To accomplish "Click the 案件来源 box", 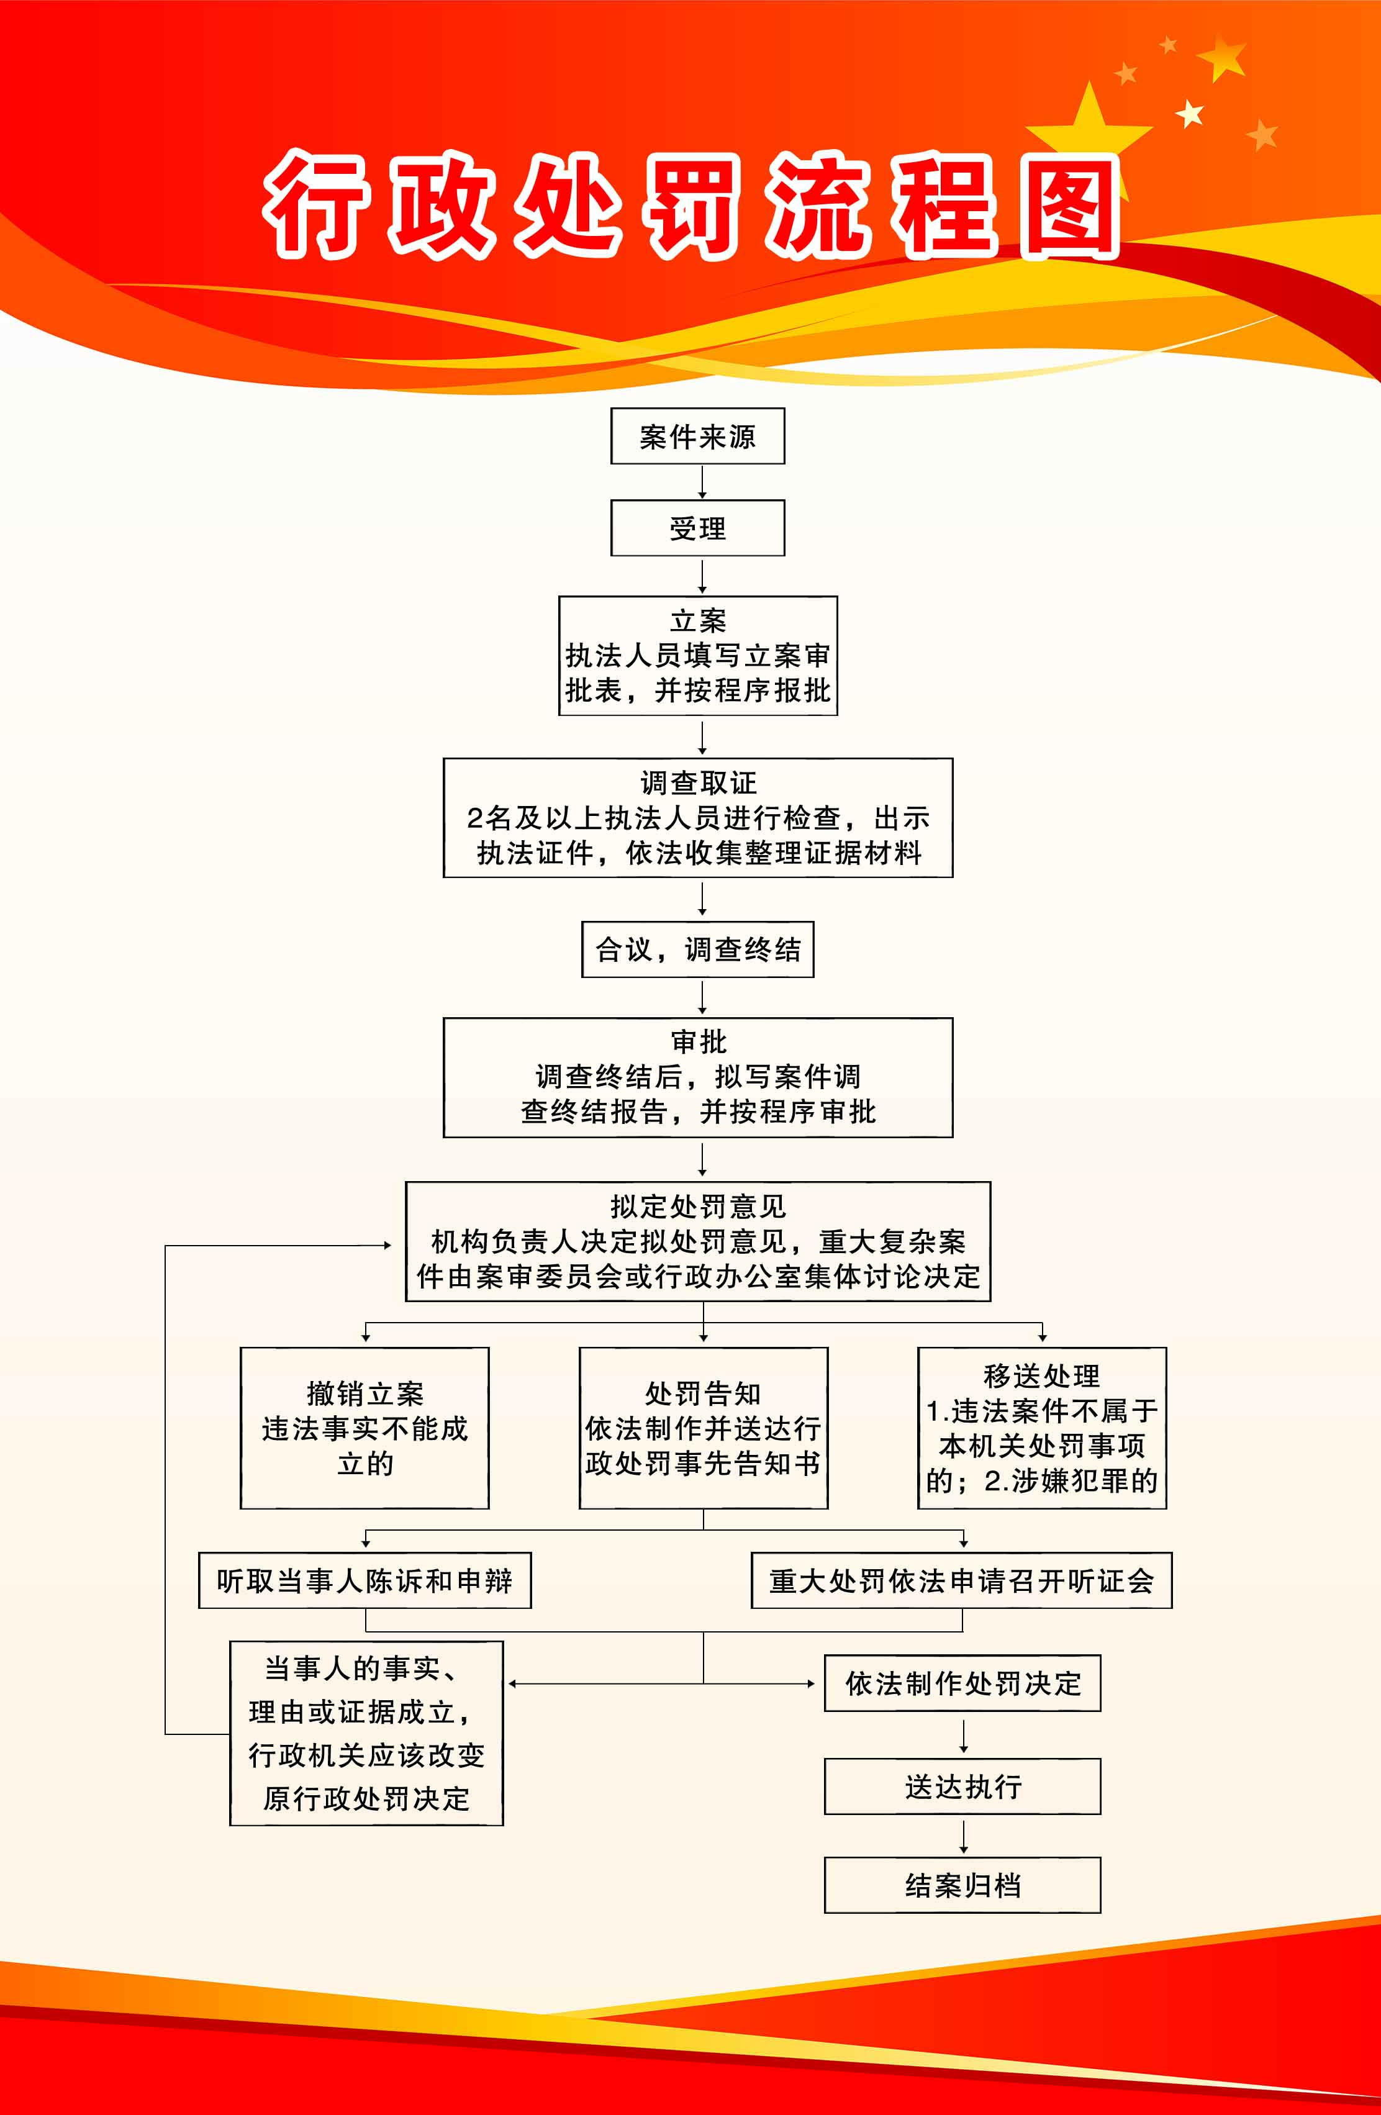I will coord(697,437).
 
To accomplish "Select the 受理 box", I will coord(697,529).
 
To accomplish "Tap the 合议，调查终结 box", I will coord(697,949).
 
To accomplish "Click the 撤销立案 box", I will coord(364,1428).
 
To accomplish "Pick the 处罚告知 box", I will coord(703,1428).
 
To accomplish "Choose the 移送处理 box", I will coord(1041,1428).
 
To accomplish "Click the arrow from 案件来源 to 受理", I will coord(702,482).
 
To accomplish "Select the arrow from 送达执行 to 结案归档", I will coord(963,1836).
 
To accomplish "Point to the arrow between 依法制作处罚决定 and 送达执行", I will coord(963,1736).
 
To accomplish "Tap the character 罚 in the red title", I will coord(693,207).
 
